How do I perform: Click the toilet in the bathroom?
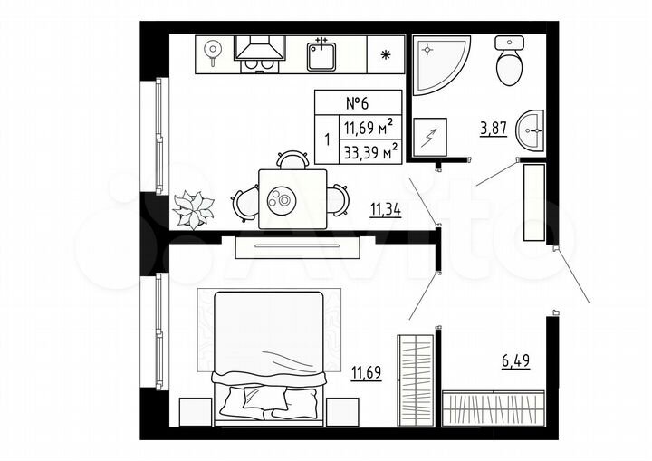(511, 62)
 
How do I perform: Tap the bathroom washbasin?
(531, 130)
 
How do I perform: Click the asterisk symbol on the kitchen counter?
(387, 55)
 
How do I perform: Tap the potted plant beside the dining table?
(194, 209)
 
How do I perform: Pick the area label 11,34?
(386, 212)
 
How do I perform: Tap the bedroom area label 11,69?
(367, 370)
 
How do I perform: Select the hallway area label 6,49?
(515, 360)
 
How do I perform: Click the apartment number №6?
(358, 101)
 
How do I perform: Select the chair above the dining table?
(292, 161)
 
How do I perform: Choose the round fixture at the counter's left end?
(214, 51)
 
